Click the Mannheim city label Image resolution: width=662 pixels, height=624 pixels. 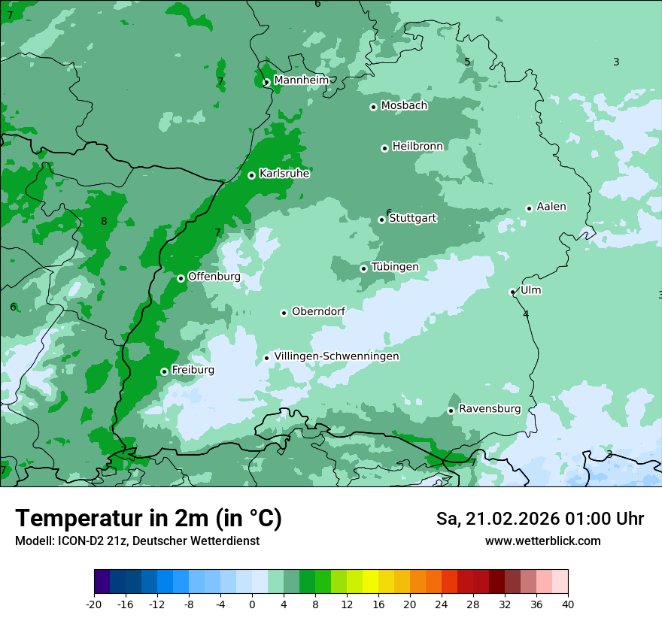tap(301, 80)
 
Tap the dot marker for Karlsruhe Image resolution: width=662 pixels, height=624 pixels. tap(251, 175)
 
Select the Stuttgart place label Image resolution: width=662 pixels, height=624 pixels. tap(412, 218)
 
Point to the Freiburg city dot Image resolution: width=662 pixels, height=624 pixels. tap(164, 371)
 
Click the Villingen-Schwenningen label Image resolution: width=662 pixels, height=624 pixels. tap(336, 356)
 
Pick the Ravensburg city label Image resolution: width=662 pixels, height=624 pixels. tap(490, 409)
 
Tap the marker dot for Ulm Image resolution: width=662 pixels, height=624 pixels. tap(512, 292)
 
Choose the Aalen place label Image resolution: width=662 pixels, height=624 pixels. tap(551, 207)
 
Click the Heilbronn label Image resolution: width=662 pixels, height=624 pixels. tap(418, 147)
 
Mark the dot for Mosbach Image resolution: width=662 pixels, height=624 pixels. tap(373, 107)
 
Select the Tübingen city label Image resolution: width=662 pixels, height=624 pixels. tap(395, 267)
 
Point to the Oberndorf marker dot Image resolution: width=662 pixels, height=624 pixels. tap(284, 313)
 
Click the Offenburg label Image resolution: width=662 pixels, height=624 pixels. tap(214, 277)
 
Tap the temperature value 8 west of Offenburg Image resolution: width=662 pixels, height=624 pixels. tap(104, 221)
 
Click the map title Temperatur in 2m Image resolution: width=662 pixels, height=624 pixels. tap(148, 518)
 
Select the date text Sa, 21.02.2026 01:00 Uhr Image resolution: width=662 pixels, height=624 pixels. tap(539, 519)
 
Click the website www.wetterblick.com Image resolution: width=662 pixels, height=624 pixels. tap(542, 541)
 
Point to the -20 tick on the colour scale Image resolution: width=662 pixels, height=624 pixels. tap(94, 604)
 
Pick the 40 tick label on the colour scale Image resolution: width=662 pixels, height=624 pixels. tap(568, 604)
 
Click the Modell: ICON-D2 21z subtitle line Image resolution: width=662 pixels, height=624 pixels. tap(137, 541)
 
